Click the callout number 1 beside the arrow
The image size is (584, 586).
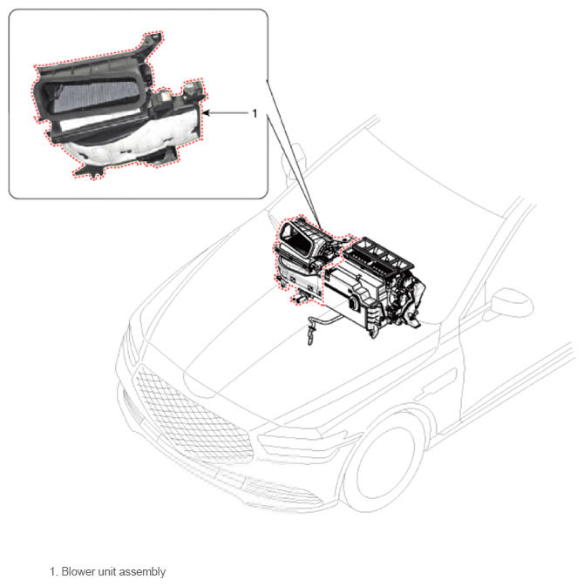tap(255, 113)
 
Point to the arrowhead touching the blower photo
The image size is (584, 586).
tap(206, 113)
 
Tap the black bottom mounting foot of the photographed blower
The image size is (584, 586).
tap(90, 172)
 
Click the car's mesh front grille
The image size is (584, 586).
tap(191, 414)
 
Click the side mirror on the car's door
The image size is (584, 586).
tap(510, 304)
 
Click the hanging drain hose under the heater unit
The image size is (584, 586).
tap(318, 325)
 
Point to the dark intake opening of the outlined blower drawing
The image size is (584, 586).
tap(298, 239)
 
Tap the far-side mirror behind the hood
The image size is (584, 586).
tap(294, 161)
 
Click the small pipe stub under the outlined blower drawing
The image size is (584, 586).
tap(302, 299)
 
